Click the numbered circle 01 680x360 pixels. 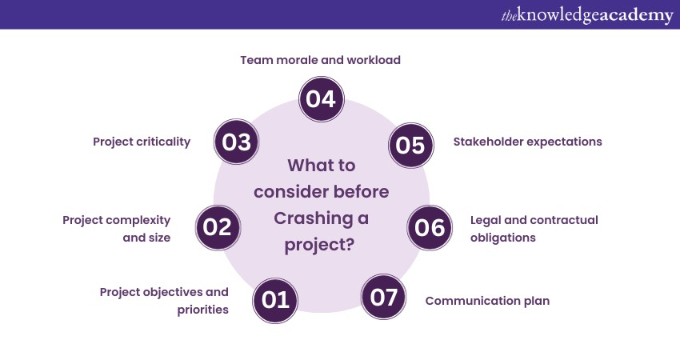tap(276, 300)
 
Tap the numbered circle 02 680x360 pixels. tap(218, 227)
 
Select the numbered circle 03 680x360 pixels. tap(238, 142)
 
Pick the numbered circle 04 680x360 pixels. tap(322, 99)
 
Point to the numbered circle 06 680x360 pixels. tap(430, 227)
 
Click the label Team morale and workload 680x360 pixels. tap(321, 60)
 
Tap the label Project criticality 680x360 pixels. tap(142, 142)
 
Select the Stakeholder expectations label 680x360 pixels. tap(527, 142)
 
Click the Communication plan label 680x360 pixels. tap(487, 302)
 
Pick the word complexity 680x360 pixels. tap(148, 220)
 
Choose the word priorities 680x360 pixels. tap(203, 310)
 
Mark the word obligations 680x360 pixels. tap(502, 238)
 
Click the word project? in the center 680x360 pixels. tap(320, 244)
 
